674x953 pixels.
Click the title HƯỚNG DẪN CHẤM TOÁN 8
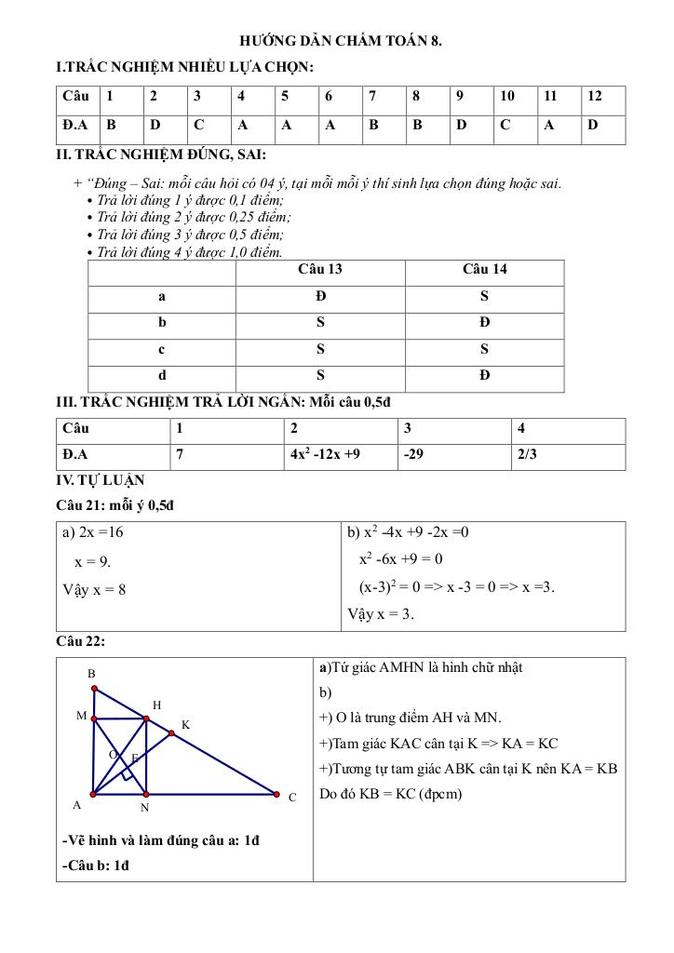click(x=341, y=42)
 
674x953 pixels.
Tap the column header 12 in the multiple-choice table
click(x=596, y=96)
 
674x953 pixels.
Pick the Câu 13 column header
click(x=319, y=270)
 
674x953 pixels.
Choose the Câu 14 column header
click(x=484, y=270)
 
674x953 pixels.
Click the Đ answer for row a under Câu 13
click(x=319, y=297)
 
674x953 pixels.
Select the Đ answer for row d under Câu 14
click(x=484, y=376)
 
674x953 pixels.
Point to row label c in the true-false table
click(x=162, y=350)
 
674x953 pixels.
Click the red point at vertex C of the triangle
click(x=276, y=794)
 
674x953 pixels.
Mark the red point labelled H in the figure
click(x=146, y=718)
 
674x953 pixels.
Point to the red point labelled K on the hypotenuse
click(x=171, y=733)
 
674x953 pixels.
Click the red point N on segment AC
click(x=145, y=794)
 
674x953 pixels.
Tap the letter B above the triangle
click(x=91, y=673)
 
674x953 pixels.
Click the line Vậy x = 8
click(x=94, y=589)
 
